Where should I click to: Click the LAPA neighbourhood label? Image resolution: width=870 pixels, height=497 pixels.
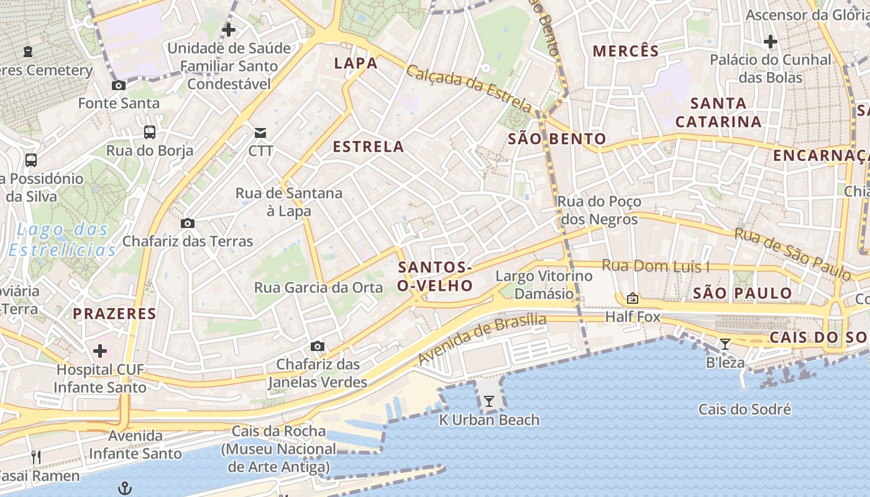(356, 63)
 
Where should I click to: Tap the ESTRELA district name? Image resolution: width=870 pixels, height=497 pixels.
(369, 147)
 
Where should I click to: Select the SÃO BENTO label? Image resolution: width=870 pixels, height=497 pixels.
(557, 139)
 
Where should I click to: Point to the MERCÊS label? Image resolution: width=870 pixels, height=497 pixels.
(626, 51)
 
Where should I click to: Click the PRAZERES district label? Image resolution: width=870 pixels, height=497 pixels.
(115, 313)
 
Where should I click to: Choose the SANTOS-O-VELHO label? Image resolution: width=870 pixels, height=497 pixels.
(435, 276)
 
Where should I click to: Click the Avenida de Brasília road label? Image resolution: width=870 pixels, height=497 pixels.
(482, 339)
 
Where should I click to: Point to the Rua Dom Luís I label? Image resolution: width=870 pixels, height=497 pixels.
(656, 267)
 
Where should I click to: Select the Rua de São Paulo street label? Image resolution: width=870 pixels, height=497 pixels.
(792, 253)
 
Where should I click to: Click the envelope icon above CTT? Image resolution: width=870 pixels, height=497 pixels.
(260, 132)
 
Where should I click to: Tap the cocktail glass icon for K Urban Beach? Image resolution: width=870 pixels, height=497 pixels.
(489, 401)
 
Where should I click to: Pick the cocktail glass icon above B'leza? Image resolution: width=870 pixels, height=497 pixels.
(725, 344)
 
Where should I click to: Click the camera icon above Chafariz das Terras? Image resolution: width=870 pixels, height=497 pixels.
(187, 223)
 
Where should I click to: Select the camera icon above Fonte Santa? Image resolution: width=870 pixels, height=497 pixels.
(118, 85)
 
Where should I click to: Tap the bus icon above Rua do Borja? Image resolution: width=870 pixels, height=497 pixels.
(150, 132)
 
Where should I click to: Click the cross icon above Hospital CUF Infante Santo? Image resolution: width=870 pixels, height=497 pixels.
(100, 351)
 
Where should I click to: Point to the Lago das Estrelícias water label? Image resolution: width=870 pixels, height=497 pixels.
(62, 240)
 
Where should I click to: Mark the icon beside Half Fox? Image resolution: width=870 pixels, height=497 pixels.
(633, 299)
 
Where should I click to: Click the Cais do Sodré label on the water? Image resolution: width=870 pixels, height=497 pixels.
(744, 409)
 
